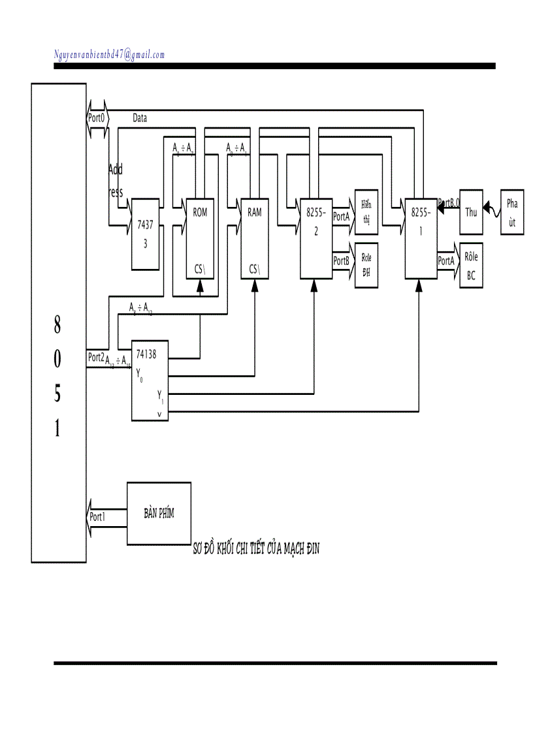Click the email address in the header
point(109,55)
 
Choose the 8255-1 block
point(420,238)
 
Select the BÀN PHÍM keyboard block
point(159,513)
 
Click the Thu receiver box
point(471,212)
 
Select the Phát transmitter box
point(512,212)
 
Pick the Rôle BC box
point(471,265)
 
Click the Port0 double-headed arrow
point(97,119)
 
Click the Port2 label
point(96,358)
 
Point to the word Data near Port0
point(140,119)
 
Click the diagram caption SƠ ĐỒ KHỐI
point(255,550)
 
